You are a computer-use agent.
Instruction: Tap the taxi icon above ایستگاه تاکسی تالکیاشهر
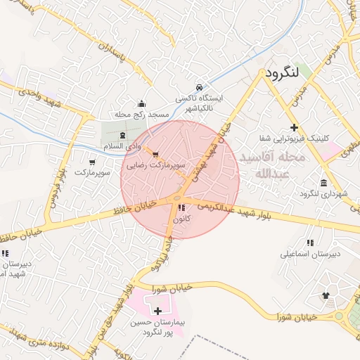coord(200,87)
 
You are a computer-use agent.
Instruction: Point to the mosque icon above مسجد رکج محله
coord(142,103)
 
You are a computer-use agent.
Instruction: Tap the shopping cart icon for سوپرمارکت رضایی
coord(155,155)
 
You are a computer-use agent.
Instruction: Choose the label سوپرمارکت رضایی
coord(155,166)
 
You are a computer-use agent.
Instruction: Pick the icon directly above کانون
coord(181,208)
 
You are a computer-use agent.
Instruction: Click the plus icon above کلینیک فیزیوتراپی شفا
coord(304,127)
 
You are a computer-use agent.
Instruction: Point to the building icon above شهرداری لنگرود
coord(324,182)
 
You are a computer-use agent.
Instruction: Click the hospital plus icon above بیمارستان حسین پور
coord(157,311)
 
